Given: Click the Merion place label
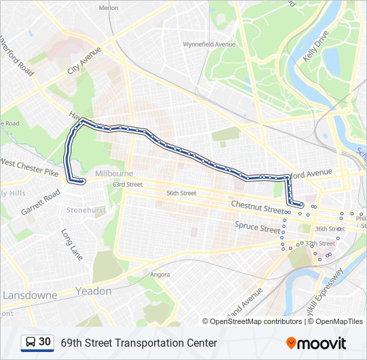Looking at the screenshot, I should click(x=108, y=8).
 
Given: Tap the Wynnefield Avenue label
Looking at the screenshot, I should click(x=210, y=45).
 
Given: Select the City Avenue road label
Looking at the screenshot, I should click(x=84, y=61).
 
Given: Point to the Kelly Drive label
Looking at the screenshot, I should click(x=314, y=46).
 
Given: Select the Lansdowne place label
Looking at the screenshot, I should click(x=30, y=295).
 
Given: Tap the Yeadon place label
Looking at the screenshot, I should click(x=94, y=291).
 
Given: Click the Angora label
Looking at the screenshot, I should click(x=160, y=274).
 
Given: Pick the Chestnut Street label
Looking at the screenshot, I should click(x=258, y=207).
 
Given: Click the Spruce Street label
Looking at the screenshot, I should click(x=257, y=227).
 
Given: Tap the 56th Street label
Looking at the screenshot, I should click(x=181, y=193).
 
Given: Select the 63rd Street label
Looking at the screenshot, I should click(x=127, y=184).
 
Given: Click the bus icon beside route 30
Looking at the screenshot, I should click(x=30, y=342).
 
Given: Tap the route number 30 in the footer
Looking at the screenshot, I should click(x=45, y=342).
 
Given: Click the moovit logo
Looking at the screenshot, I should click(x=316, y=343).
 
